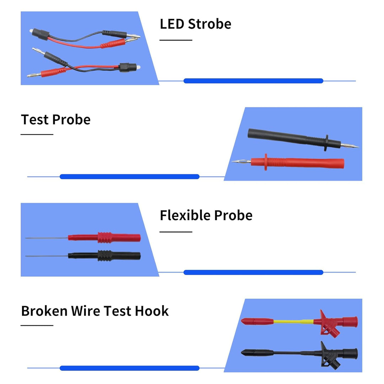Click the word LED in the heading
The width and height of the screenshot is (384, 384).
point(172,24)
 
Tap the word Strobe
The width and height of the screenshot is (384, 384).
point(210,24)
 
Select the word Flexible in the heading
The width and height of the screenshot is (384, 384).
point(185,215)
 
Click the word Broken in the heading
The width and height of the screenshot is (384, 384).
point(44,311)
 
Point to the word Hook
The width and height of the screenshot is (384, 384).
point(152,311)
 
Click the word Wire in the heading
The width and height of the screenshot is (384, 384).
point(86,311)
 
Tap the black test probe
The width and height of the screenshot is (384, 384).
point(303,140)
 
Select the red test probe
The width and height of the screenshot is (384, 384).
point(288,162)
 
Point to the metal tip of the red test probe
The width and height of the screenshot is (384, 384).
point(241,161)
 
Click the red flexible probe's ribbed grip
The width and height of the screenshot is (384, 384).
point(104,238)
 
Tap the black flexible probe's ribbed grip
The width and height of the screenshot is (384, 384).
point(105,256)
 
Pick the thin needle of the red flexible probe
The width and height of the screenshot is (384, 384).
point(47,238)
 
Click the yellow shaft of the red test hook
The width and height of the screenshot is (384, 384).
point(293,321)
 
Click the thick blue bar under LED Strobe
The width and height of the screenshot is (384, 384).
point(254,81)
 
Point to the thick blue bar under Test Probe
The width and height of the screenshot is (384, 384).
point(129,177)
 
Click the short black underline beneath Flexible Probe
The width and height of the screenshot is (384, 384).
point(176,232)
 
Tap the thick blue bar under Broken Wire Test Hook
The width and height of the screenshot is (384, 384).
point(129,368)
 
